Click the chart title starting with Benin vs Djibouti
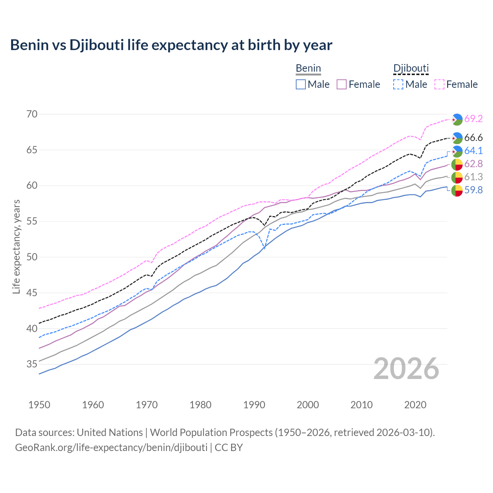coord(171,45)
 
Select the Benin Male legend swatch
coord(301,84)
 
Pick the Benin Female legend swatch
coord(342,84)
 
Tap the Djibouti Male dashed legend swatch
coord(398,84)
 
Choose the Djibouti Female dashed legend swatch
coord(439,84)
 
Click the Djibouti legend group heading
coord(411,69)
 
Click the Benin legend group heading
coord(308,69)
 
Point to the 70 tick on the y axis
coord(32,114)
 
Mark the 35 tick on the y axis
coord(32,364)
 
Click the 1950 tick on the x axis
coord(39,405)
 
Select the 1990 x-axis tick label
coord(254,405)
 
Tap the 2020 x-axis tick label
coord(415,405)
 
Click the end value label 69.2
coord(473,119)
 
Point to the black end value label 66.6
coord(473,138)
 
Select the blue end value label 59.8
coord(473,190)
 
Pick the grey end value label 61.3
coord(473,177)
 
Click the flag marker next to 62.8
coord(457,164)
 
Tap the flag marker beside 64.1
coord(457,151)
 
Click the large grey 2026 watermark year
coord(406,369)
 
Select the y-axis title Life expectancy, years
coord(16,246)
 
